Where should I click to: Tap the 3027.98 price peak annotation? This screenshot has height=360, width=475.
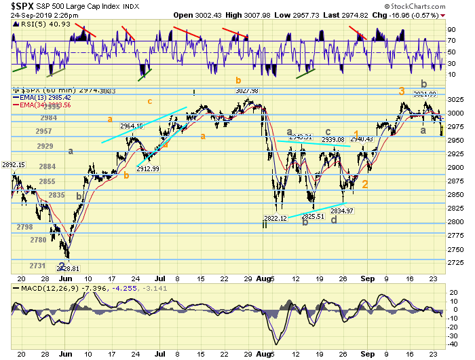coord(247,91)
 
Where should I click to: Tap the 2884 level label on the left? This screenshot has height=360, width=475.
coord(47,166)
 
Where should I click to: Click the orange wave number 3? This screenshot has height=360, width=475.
coord(402,91)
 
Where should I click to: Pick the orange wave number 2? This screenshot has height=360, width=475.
coord(365,183)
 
